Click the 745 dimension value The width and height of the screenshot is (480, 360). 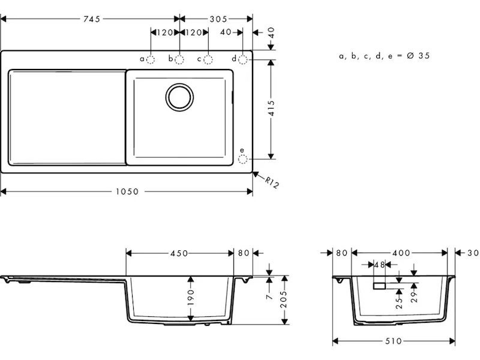click(92, 19)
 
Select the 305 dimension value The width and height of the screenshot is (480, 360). click(218, 19)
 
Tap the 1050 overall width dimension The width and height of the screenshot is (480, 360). click(127, 191)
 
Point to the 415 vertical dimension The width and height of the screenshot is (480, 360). click(271, 108)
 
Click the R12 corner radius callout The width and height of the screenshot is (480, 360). click(272, 183)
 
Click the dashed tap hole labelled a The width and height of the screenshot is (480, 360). click(151, 59)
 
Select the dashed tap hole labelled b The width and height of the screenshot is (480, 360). click(179, 59)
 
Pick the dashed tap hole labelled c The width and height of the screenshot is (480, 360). click(208, 59)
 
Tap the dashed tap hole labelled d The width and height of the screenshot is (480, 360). click(243, 59)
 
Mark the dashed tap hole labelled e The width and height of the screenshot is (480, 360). click(243, 159)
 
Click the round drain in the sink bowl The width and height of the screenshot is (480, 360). click(179, 97)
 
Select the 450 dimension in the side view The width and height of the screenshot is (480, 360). click(179, 253)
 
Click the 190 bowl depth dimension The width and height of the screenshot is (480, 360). click(191, 297)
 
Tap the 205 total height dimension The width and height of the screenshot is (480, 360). click(284, 299)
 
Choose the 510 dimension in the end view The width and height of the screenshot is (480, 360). click(394, 341)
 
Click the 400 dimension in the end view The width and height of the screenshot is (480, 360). click(401, 253)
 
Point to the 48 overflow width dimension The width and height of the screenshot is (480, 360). click(380, 265)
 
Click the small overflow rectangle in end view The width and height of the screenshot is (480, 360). click(379, 286)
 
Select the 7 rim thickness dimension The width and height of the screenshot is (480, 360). click(269, 296)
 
